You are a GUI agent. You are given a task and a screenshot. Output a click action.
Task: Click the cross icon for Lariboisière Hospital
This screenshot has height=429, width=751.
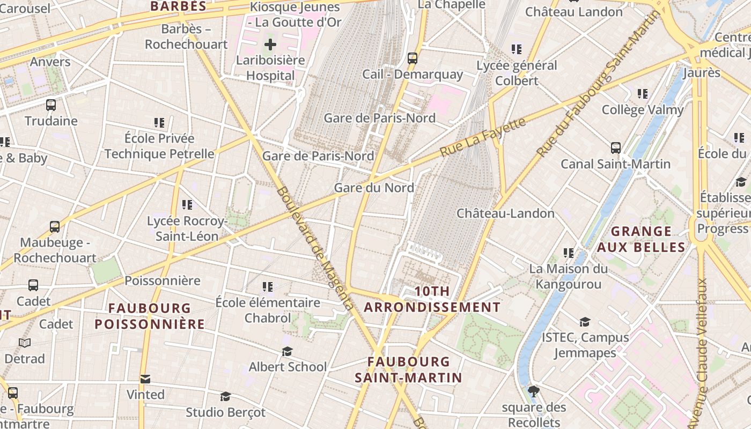[270, 45]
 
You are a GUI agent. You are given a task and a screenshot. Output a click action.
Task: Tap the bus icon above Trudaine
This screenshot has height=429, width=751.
[51, 105]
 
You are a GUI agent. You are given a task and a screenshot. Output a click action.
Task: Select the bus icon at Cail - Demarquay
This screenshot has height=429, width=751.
[413, 58]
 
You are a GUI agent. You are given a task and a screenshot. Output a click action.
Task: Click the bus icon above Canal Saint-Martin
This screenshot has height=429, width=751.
[616, 148]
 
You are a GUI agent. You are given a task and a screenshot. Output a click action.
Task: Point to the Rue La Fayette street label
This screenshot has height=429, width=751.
[482, 137]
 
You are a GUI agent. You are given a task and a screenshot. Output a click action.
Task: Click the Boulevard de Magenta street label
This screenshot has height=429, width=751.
[315, 248]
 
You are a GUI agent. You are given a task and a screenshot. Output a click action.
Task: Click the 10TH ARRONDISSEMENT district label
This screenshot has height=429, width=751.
[432, 299]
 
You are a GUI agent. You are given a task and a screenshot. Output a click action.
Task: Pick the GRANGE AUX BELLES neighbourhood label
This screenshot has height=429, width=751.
[641, 239]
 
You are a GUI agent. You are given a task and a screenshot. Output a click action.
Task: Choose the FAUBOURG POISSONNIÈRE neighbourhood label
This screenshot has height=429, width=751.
[150, 316]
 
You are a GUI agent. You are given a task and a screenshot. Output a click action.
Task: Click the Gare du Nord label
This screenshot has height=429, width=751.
[374, 188]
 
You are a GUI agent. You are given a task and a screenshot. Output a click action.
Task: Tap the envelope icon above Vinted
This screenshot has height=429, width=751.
[145, 379]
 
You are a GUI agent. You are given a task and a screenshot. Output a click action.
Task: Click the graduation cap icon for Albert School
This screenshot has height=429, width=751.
[288, 351]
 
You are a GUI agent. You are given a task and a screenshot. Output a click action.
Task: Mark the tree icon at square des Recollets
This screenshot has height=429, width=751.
[533, 391]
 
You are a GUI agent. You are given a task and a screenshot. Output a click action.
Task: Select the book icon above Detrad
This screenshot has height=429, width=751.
[25, 343]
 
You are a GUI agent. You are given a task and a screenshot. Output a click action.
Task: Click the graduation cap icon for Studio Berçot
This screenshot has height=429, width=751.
[225, 396]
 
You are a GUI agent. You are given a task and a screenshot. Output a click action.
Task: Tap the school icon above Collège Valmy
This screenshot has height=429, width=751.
[643, 94]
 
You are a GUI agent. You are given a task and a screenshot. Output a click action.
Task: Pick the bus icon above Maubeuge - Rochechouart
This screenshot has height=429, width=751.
[55, 227]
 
